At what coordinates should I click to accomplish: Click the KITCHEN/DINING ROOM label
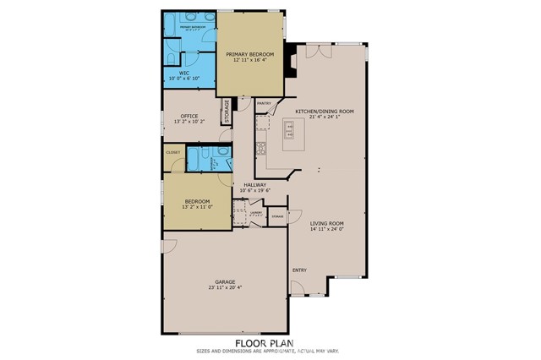point(324,111)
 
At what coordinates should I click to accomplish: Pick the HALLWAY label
point(254,185)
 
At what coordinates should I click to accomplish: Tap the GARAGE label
point(224,281)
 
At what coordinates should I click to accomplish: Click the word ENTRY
point(299,270)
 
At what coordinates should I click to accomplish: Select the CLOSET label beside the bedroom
point(172,153)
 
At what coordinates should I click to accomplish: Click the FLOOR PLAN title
point(270,343)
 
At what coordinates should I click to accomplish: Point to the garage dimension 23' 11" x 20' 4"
point(224,287)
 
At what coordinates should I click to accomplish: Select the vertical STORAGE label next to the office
point(226,111)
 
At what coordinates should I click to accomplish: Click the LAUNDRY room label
point(256,213)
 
